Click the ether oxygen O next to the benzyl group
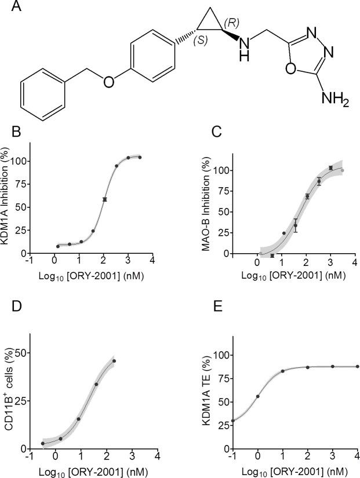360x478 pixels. point(108,82)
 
